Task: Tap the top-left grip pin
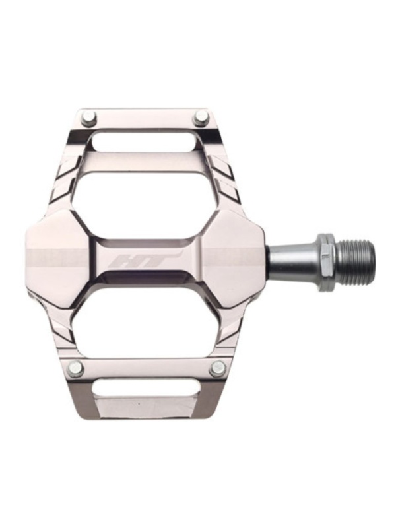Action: pos(89,116)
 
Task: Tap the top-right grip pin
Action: pos(199,119)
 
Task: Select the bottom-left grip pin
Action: pos(75,366)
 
